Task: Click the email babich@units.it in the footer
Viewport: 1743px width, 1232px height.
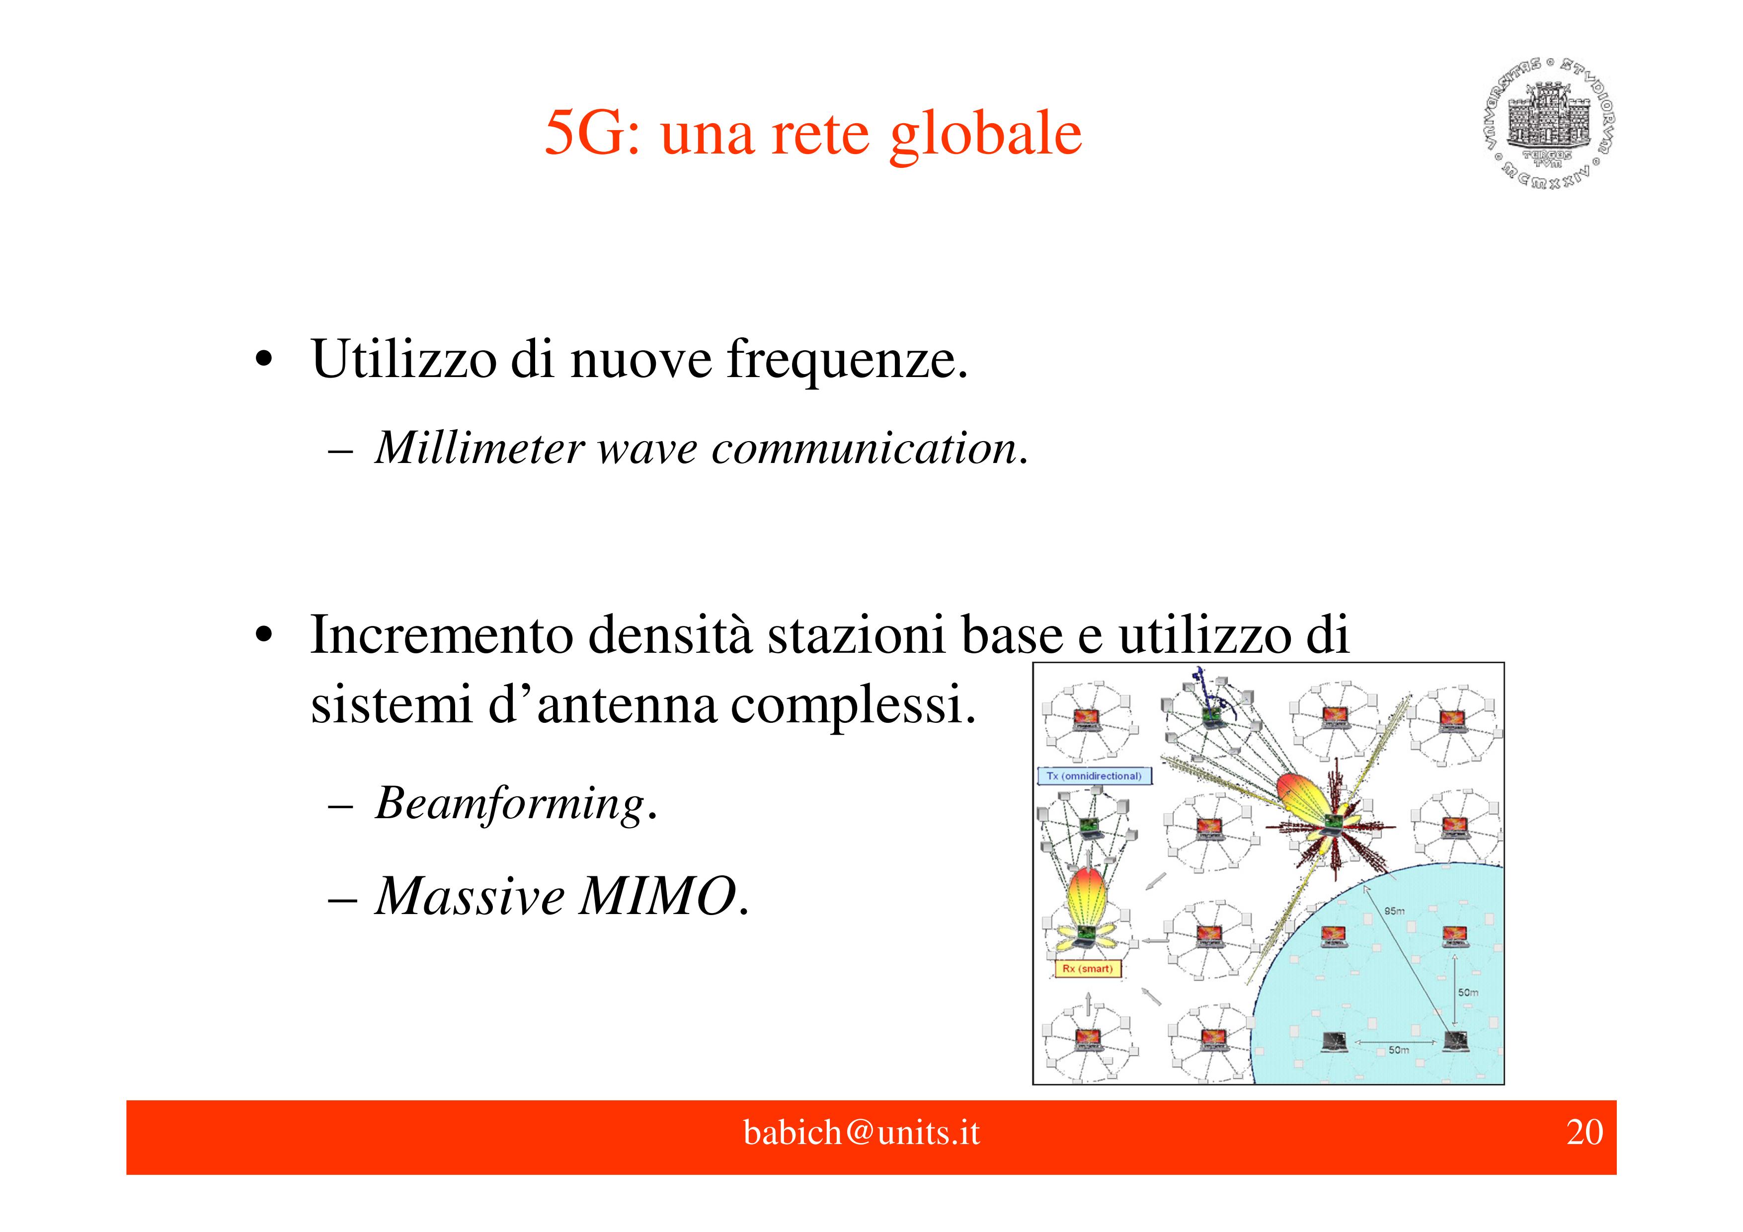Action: [x=862, y=1133]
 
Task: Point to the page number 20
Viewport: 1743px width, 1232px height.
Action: [x=1585, y=1133]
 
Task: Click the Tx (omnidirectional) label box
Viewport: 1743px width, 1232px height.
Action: [x=1094, y=776]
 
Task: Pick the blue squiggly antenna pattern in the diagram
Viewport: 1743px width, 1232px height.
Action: [x=1207, y=691]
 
